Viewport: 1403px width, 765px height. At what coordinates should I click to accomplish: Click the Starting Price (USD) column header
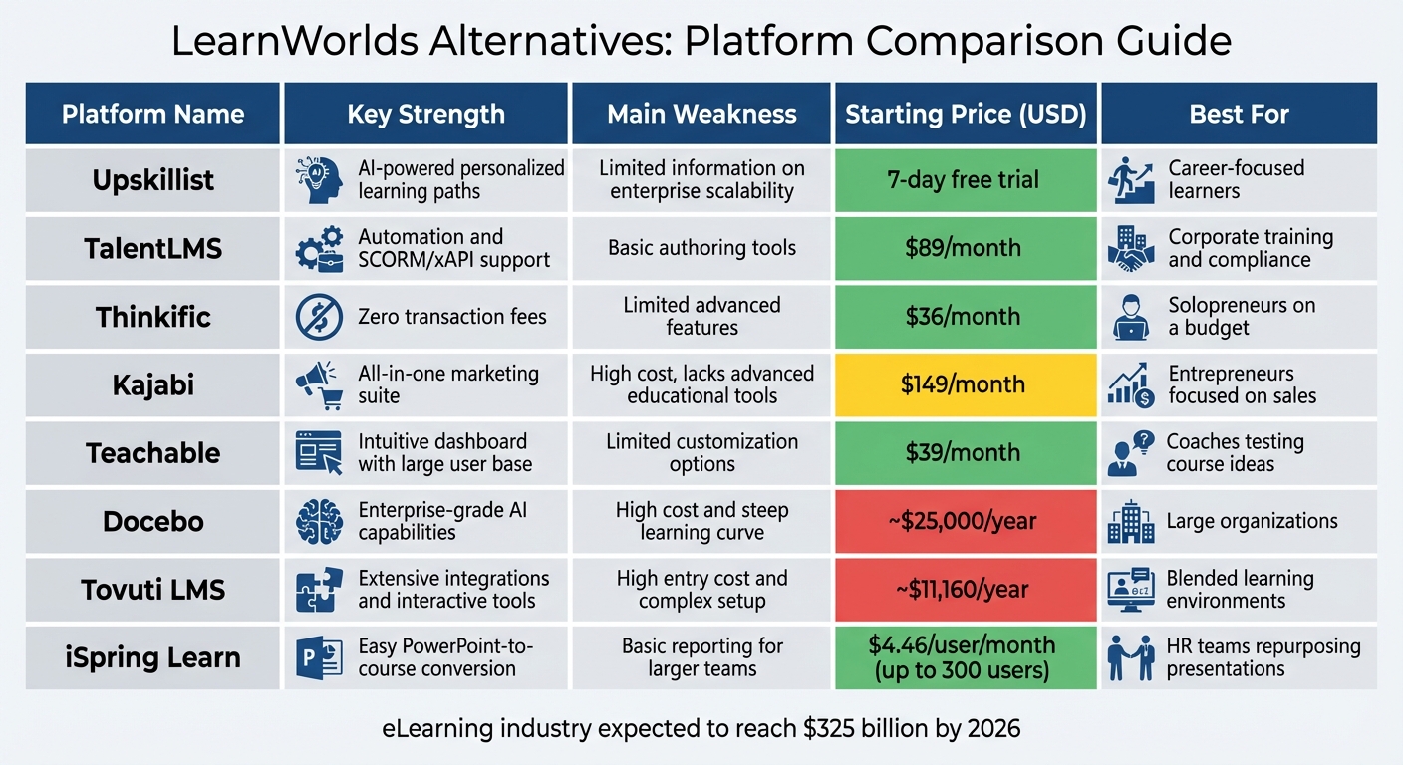[x=965, y=114]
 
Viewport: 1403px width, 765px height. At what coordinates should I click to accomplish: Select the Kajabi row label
[x=152, y=384]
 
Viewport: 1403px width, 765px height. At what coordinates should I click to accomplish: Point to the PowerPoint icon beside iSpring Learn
[x=319, y=658]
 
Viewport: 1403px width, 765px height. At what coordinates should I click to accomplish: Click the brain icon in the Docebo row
[x=319, y=521]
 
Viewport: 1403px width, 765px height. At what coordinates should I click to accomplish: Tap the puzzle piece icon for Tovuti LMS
[x=319, y=590]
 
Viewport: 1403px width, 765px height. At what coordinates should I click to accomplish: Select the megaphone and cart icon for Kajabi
[x=319, y=385]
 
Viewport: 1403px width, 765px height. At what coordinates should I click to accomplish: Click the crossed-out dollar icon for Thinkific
[x=319, y=317]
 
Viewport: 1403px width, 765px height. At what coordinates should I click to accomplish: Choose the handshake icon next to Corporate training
[x=1131, y=249]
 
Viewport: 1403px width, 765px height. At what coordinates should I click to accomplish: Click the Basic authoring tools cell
[x=701, y=248]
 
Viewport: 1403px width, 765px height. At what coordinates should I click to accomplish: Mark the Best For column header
[x=1239, y=114]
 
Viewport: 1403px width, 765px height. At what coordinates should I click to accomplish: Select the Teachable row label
[x=152, y=453]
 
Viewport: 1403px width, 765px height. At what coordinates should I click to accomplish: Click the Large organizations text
[x=1252, y=521]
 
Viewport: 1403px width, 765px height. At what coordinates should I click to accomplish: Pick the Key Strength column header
[x=425, y=114]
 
